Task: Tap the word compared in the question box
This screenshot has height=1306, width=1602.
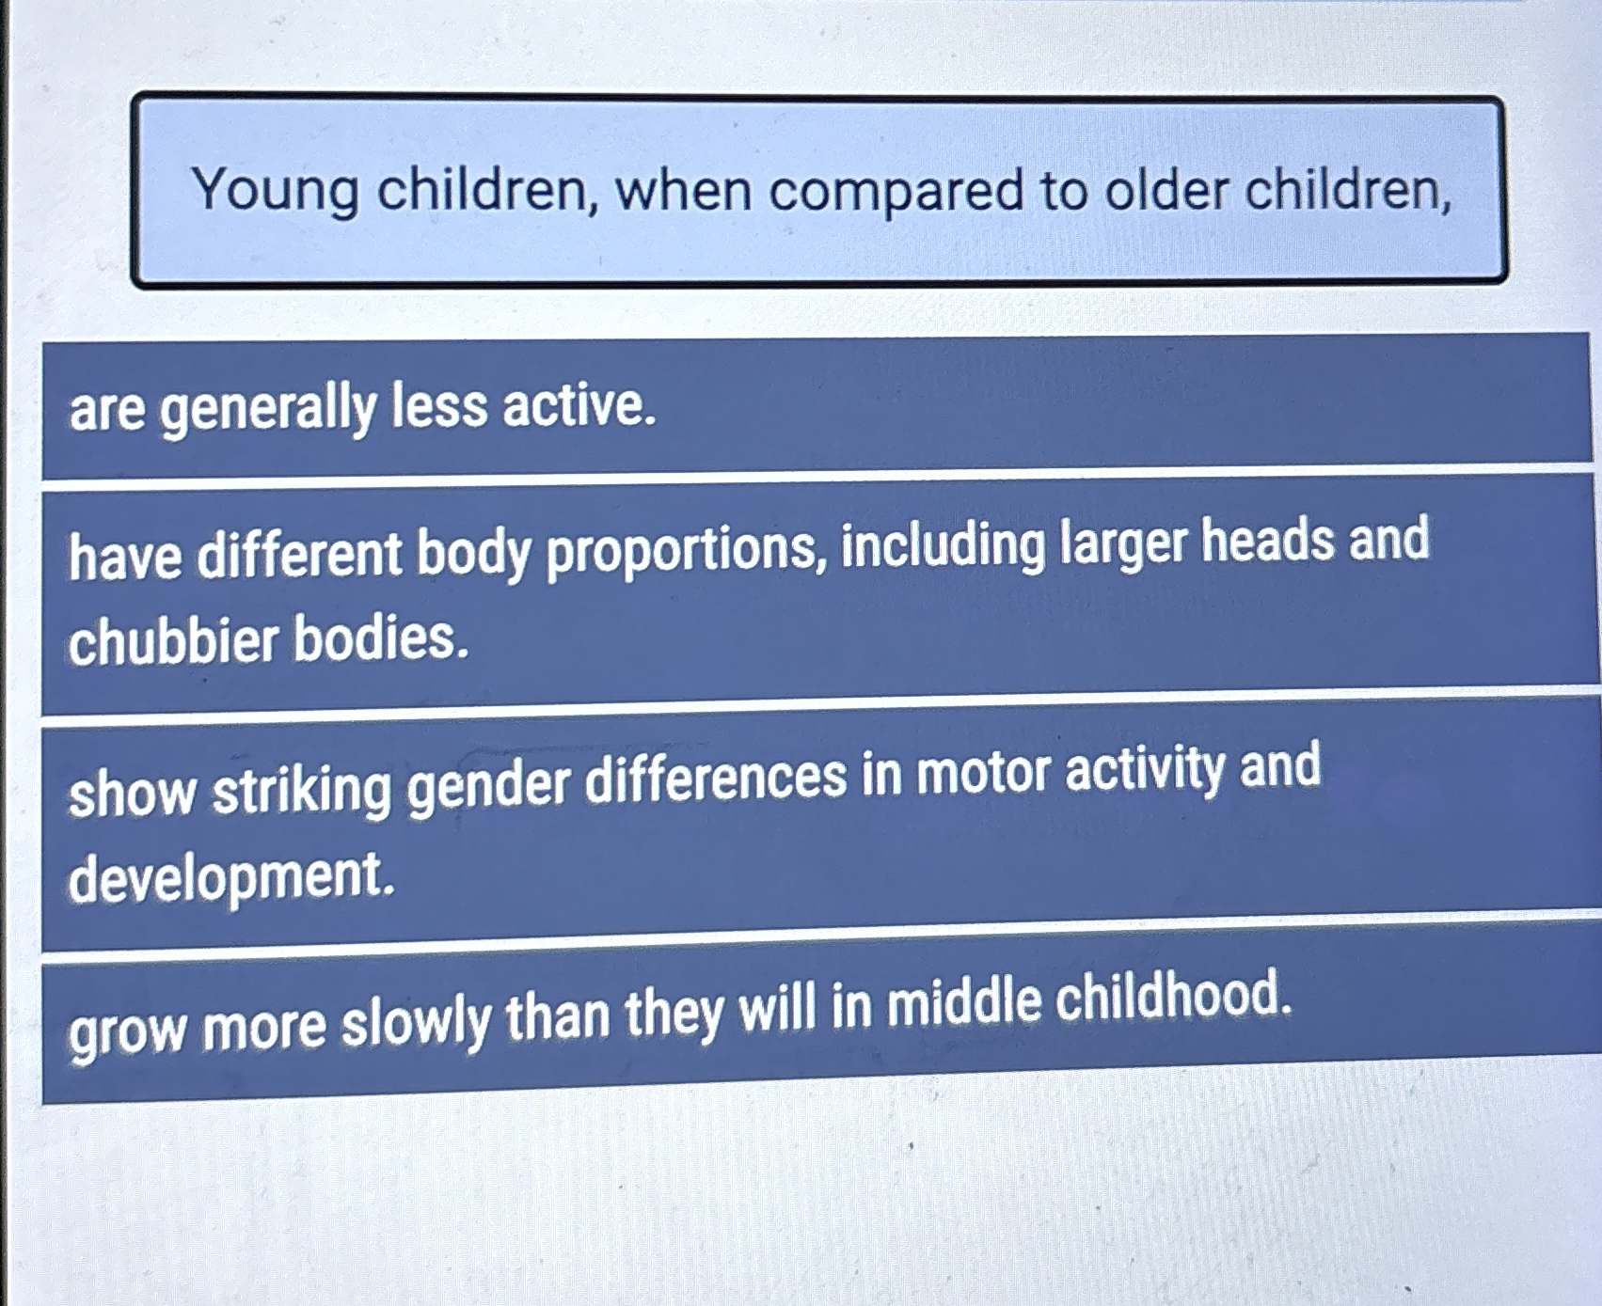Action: point(896,192)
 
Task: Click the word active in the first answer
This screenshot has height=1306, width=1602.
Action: point(579,406)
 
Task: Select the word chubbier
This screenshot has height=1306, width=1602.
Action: point(174,642)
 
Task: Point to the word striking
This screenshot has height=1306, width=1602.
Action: point(301,787)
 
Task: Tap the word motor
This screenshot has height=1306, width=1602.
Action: point(983,773)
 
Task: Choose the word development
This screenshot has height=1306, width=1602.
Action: point(231,877)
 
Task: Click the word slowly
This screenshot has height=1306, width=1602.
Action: point(416,1022)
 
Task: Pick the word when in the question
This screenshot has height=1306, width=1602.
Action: point(683,191)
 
